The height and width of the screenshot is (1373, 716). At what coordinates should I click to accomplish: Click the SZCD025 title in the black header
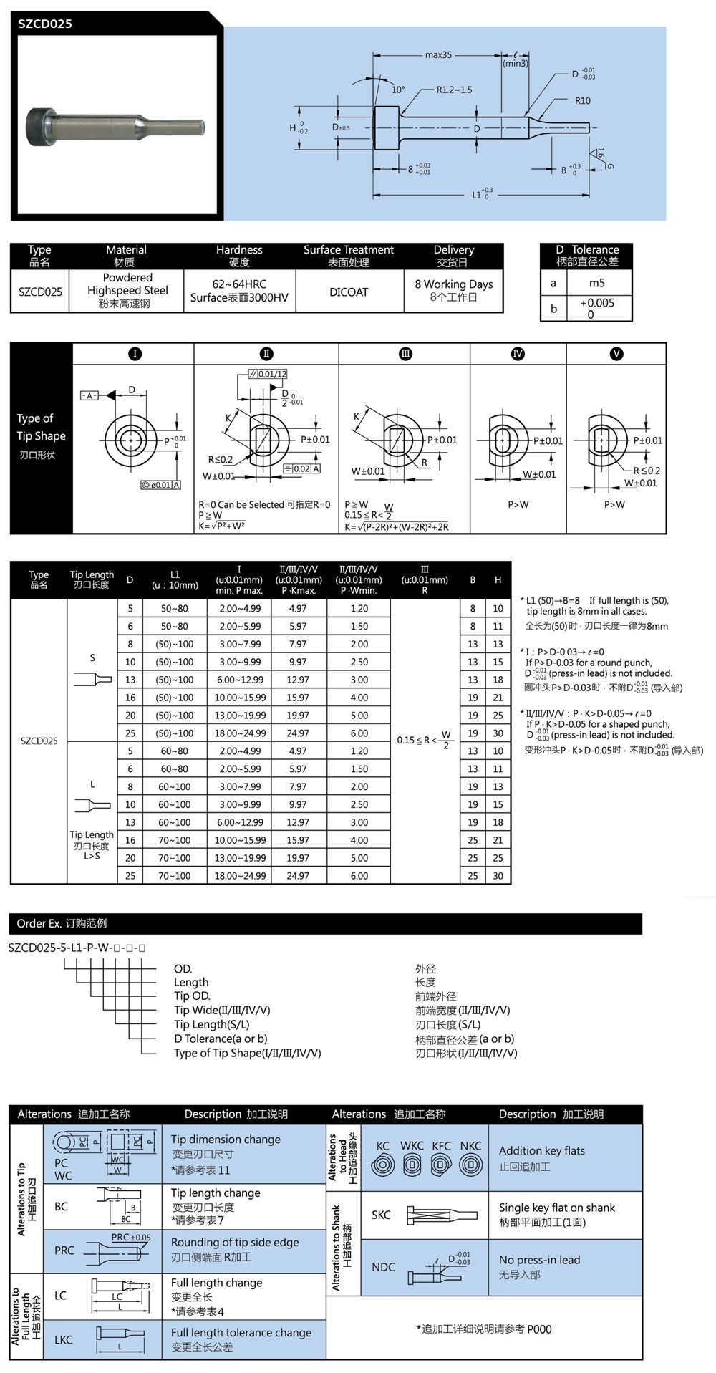[45, 24]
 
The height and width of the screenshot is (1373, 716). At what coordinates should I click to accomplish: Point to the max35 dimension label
[438, 54]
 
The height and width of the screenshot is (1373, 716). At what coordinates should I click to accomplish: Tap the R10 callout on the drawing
[583, 101]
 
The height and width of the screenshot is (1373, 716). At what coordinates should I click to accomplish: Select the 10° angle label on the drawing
[398, 90]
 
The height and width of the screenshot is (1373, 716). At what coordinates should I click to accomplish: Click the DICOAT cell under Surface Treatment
[349, 292]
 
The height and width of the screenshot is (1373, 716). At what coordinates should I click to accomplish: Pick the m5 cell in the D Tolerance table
[596, 282]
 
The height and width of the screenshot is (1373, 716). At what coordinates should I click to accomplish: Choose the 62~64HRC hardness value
[239, 284]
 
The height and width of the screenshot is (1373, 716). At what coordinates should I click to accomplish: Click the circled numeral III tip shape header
[405, 354]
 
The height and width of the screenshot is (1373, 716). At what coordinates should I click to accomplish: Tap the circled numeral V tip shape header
[616, 354]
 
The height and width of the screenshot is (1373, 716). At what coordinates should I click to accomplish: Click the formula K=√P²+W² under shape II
[222, 526]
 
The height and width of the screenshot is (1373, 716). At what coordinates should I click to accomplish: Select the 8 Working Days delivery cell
[454, 284]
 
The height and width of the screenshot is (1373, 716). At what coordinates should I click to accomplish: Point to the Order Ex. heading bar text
[62, 924]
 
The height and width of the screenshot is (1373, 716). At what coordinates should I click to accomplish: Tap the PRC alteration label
[64, 1251]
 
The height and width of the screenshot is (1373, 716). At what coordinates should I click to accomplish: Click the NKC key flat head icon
[470, 1165]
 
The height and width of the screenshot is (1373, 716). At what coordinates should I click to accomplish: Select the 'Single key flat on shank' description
[556, 1208]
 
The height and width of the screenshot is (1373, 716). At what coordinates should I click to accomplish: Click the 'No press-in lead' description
[539, 1260]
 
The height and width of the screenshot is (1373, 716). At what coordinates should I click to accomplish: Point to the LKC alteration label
[64, 1339]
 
